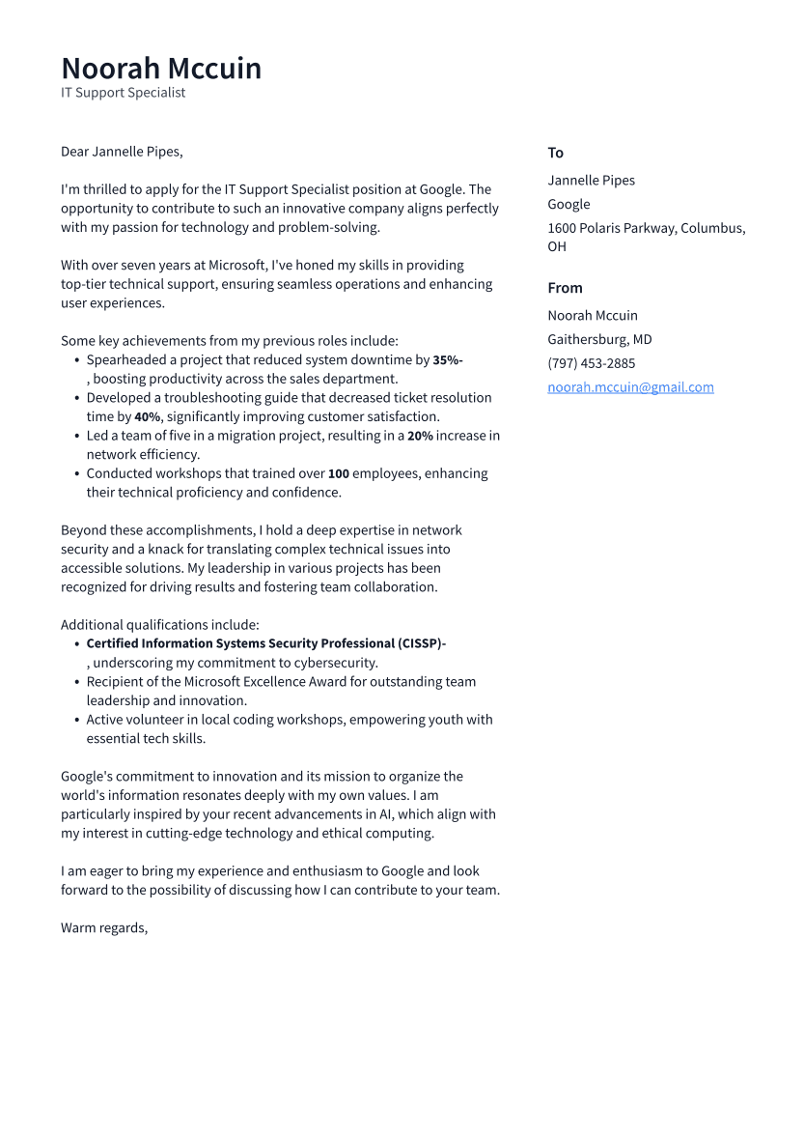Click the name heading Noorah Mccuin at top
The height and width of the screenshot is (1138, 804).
[161, 69]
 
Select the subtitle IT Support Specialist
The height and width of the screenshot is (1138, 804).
[123, 93]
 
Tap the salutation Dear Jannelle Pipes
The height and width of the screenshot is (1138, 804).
[122, 152]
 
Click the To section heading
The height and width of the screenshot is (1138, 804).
[555, 153]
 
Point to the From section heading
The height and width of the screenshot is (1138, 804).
[565, 288]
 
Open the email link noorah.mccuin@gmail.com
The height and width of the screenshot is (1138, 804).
[630, 387]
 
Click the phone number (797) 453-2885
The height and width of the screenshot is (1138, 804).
[591, 363]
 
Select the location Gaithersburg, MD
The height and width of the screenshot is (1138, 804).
[599, 339]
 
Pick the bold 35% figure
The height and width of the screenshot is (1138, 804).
[446, 360]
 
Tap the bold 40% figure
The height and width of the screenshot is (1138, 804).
[147, 417]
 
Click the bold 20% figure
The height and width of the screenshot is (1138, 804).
[420, 436]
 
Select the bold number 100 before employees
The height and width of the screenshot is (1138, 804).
[338, 474]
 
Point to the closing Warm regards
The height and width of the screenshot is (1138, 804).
[104, 927]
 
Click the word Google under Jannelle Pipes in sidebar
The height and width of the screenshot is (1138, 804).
[568, 204]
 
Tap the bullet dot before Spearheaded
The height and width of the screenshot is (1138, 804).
[76, 360]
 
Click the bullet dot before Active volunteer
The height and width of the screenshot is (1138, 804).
[76, 720]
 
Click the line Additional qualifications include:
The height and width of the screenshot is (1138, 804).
[160, 625]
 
